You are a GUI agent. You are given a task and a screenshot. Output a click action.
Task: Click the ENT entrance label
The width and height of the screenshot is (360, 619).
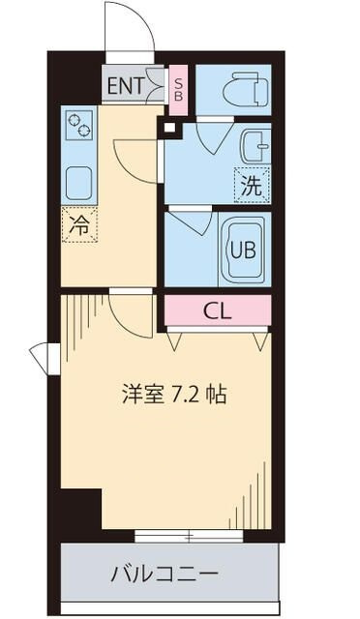tap(125, 86)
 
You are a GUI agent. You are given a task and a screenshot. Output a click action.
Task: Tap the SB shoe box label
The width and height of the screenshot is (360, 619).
tap(179, 90)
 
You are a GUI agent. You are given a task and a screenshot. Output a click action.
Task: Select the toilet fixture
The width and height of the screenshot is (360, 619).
tap(245, 89)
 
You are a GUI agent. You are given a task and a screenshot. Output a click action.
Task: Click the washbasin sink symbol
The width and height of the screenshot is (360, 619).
tap(256, 146)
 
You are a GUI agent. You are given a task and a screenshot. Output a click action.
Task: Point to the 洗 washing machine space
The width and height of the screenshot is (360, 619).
tap(252, 185)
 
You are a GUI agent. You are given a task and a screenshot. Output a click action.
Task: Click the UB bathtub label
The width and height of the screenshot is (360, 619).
tap(243, 250)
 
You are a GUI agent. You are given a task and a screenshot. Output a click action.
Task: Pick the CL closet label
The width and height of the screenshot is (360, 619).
tap(217, 312)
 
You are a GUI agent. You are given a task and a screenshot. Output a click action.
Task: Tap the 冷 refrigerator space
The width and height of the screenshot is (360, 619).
tap(79, 224)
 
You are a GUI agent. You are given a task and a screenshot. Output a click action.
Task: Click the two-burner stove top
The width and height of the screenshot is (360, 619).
tap(79, 125)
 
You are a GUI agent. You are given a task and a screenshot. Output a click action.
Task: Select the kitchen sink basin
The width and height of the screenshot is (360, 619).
tap(79, 183)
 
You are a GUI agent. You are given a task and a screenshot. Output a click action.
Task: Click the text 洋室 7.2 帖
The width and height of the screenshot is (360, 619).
tap(174, 394)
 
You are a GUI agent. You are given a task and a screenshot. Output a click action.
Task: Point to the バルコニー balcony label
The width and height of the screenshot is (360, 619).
tap(164, 574)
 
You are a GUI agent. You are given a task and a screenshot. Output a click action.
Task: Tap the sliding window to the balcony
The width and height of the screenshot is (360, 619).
tap(189, 536)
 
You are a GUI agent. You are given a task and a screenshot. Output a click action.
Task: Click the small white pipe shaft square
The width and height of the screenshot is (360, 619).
tap(169, 128)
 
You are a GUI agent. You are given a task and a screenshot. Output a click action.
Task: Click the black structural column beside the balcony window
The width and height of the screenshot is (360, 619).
tap(81, 510)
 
